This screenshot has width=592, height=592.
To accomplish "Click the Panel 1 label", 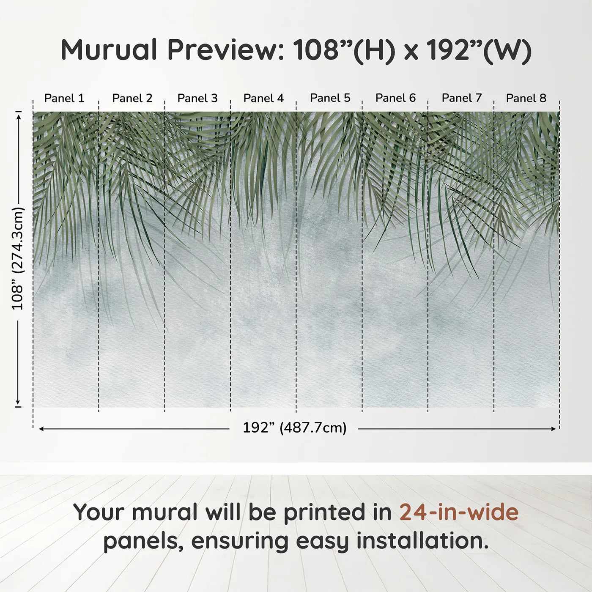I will click(64, 98).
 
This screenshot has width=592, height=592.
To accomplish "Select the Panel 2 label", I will click(132, 98).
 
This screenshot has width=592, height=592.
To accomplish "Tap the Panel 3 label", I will click(197, 98).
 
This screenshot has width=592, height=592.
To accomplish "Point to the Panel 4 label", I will click(263, 98).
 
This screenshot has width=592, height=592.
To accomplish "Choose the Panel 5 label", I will click(330, 98).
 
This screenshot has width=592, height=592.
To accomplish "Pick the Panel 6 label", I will click(395, 98).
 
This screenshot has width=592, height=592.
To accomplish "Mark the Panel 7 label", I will click(462, 98).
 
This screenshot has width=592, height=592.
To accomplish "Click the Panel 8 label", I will click(526, 98).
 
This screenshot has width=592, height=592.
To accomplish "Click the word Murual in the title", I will click(109, 50).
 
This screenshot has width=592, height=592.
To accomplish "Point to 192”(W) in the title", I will click(478, 50).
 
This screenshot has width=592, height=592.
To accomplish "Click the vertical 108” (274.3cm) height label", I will click(17, 258).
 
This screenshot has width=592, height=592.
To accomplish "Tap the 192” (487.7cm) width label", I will click(294, 428).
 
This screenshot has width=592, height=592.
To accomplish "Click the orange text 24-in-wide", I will click(459, 512).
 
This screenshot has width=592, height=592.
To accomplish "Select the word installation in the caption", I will click(422, 541).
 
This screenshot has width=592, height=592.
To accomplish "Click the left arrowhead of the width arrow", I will click(41, 429).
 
